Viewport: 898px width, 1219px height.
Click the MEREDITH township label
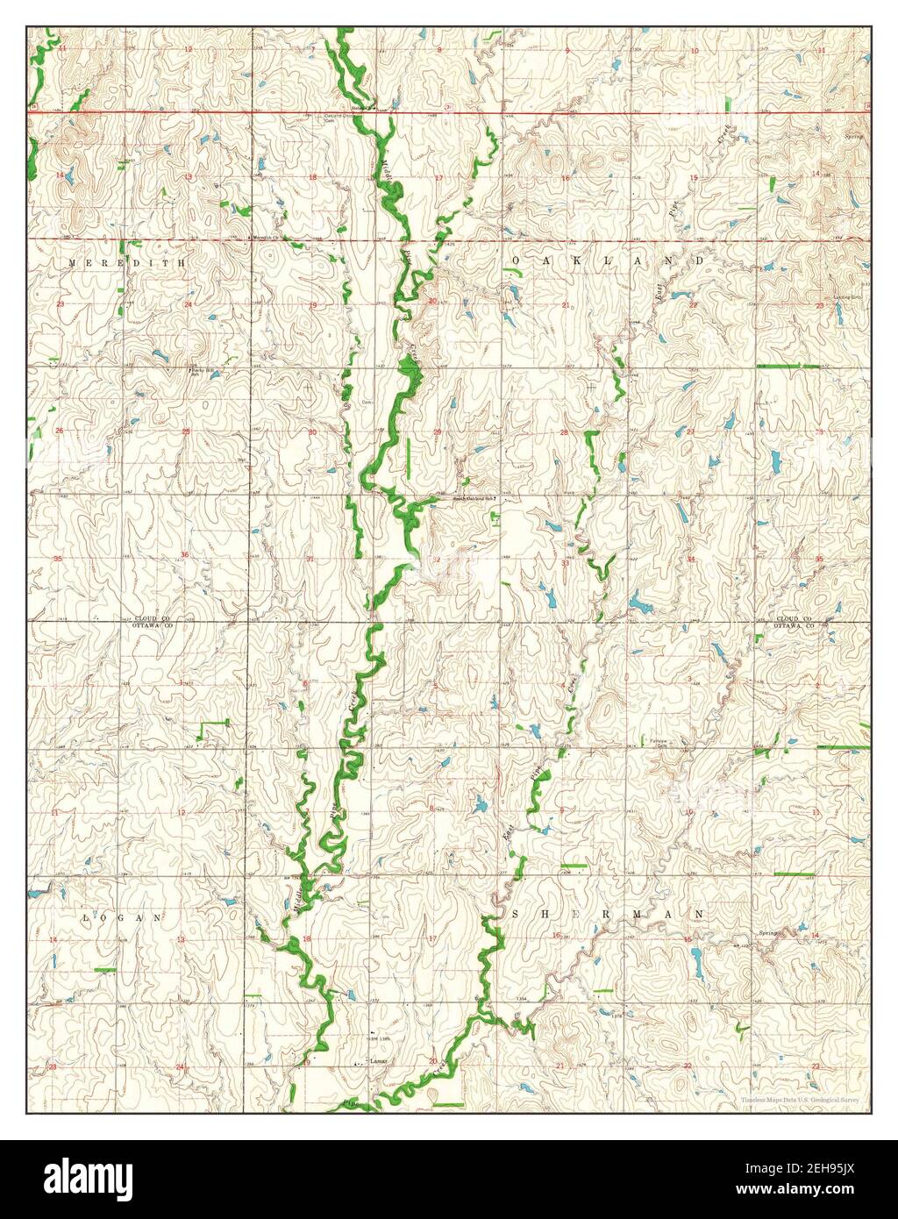click(x=127, y=262)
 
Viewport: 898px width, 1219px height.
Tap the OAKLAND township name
click(x=607, y=261)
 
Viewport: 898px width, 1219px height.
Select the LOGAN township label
click(x=123, y=917)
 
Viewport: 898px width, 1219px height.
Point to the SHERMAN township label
click(x=607, y=914)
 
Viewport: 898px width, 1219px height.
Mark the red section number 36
click(x=185, y=555)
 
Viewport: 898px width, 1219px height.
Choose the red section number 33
click(x=565, y=563)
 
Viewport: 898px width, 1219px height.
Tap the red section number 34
click(x=691, y=559)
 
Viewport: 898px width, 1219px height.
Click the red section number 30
click(x=312, y=431)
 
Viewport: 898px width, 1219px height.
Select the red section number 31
click(x=310, y=559)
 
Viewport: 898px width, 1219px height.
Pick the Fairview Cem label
click(x=659, y=743)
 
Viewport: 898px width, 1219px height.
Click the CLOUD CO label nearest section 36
click(x=147, y=618)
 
